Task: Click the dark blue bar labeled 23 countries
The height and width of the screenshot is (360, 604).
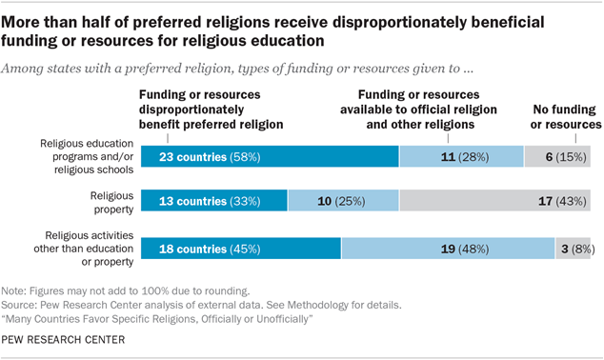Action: point(270,156)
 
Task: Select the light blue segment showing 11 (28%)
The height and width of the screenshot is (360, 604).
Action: point(461,156)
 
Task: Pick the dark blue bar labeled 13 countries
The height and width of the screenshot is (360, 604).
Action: point(213,200)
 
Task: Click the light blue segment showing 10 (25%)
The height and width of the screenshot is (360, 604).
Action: point(343,200)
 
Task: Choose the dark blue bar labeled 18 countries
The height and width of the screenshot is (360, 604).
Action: point(240,248)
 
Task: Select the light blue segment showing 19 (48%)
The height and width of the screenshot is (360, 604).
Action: point(448,248)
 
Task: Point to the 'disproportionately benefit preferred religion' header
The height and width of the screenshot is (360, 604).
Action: point(213,110)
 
